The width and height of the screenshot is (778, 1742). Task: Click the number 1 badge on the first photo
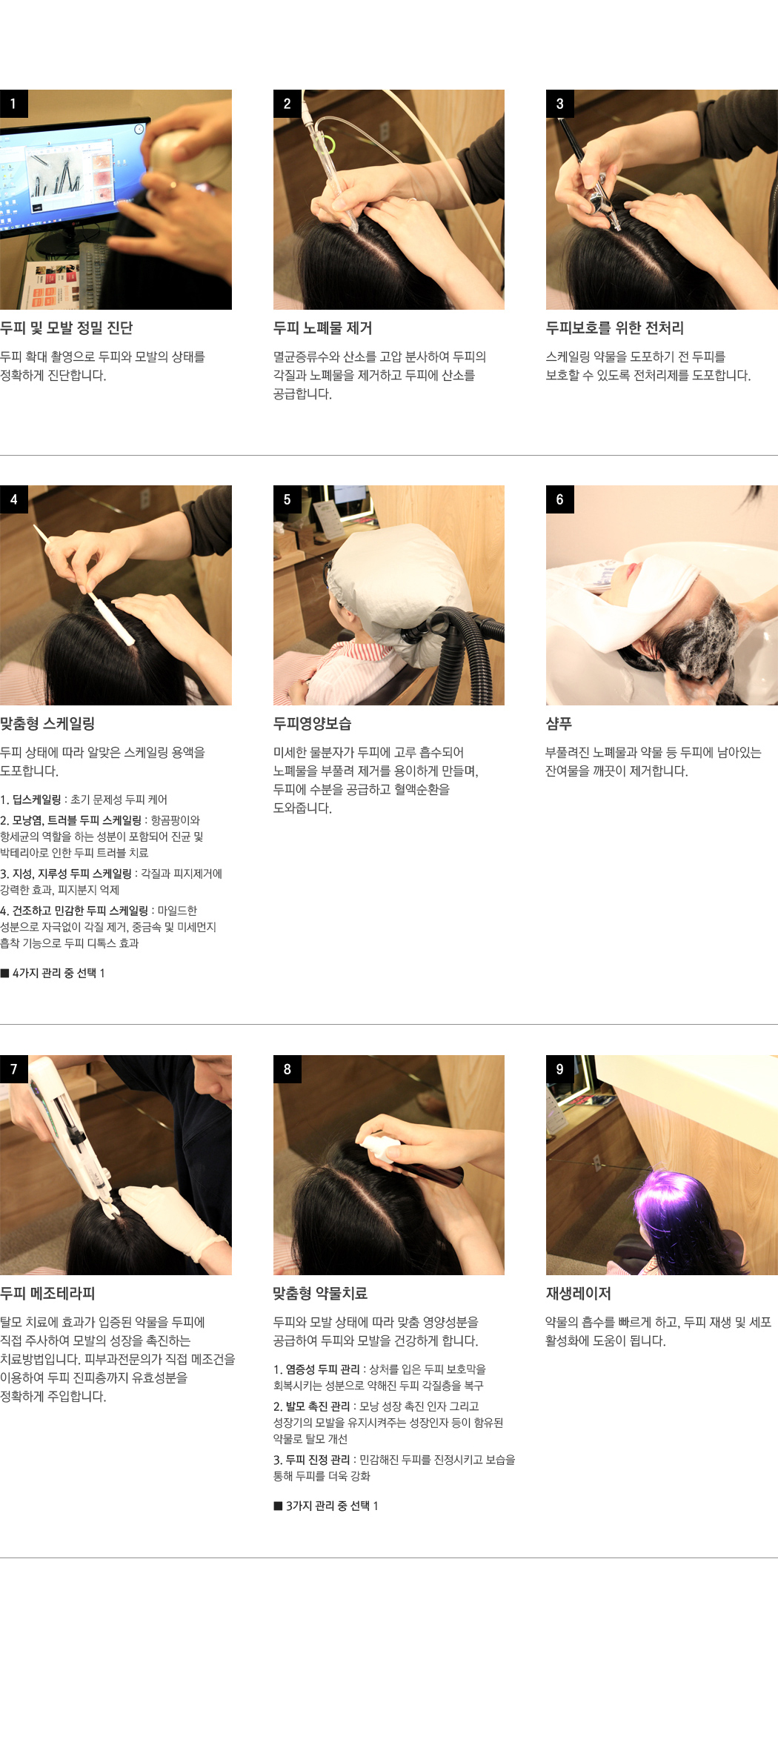[13, 104]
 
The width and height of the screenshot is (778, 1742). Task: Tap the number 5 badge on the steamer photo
[287, 499]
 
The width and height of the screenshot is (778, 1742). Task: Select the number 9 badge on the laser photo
[559, 1069]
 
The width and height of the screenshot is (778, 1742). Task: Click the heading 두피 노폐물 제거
[322, 328]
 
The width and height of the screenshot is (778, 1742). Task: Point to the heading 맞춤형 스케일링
[47, 723]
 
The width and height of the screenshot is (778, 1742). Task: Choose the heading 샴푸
[559, 723]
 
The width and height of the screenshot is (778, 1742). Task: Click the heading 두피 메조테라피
[47, 1293]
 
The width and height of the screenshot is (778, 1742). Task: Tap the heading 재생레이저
[578, 1293]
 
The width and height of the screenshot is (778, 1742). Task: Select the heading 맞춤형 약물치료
[320, 1293]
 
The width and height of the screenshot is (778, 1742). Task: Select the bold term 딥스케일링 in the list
[37, 799]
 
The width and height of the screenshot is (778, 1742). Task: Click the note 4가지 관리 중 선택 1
[53, 973]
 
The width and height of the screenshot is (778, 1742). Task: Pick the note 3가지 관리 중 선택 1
[326, 1506]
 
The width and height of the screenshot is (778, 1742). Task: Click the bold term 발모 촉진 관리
[318, 1406]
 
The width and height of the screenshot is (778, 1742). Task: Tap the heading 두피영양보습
[312, 723]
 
